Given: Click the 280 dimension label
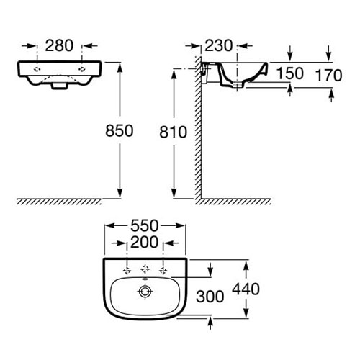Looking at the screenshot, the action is pyautogui.click(x=59, y=45).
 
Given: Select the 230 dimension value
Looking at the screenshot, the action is pyautogui.click(x=219, y=45).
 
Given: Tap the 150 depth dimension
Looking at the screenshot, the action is pyautogui.click(x=290, y=73).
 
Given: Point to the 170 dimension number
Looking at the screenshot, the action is pyautogui.click(x=328, y=75).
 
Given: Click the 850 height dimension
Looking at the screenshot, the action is pyautogui.click(x=120, y=131).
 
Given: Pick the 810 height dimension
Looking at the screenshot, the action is pyautogui.click(x=173, y=132).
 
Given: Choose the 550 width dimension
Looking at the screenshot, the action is pyautogui.click(x=145, y=226).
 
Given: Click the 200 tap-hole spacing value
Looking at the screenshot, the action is pyautogui.click(x=145, y=242).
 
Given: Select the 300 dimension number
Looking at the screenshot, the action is pyautogui.click(x=210, y=297).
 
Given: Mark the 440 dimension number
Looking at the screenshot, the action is pyautogui.click(x=246, y=289).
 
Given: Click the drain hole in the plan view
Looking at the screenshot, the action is pyautogui.click(x=145, y=292).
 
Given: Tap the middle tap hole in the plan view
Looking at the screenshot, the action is pyautogui.click(x=145, y=269).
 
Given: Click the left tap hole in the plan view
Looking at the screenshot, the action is pyautogui.click(x=127, y=271).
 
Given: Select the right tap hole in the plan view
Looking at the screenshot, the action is pyautogui.click(x=163, y=271).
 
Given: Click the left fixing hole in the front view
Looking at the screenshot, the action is pyautogui.click(x=37, y=69).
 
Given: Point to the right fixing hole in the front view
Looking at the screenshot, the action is pyautogui.click(x=82, y=69).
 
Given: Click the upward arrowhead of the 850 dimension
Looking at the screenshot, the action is pyautogui.click(x=120, y=68).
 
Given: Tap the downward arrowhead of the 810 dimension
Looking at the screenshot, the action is pyautogui.click(x=174, y=194).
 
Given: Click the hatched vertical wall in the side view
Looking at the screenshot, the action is pyautogui.click(x=197, y=127).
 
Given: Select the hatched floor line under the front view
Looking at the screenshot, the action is pyautogui.click(x=59, y=202).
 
